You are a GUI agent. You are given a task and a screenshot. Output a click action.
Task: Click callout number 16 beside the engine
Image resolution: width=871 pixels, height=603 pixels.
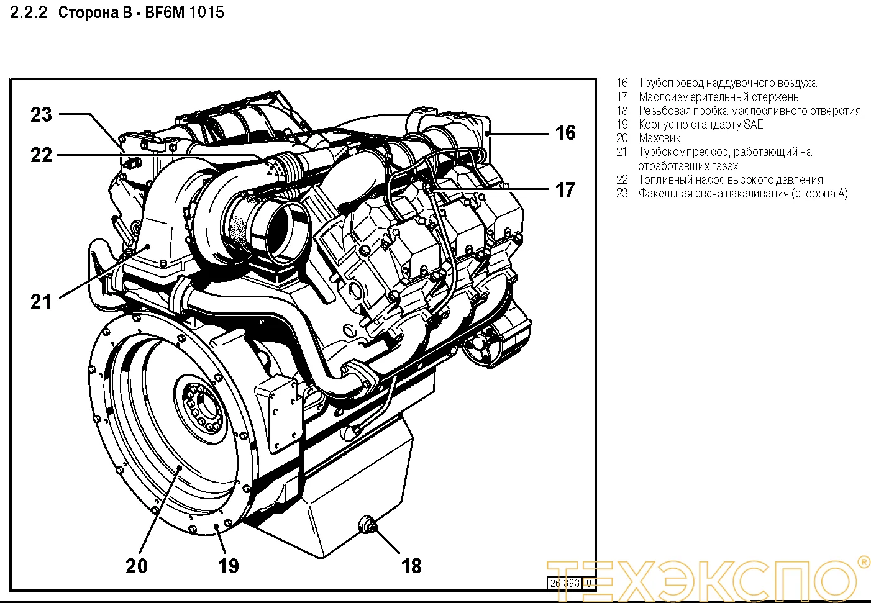click(565, 132)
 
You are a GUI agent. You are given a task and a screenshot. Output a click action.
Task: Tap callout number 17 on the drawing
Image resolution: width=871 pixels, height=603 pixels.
click(565, 189)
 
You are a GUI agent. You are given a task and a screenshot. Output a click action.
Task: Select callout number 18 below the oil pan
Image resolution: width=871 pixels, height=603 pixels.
click(411, 566)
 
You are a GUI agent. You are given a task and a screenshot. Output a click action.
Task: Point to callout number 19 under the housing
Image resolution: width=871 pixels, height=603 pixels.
click(228, 566)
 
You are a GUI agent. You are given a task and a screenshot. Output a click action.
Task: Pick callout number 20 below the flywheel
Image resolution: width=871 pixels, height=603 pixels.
click(137, 566)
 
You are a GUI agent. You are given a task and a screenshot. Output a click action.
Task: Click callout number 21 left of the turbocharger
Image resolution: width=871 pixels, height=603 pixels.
click(42, 302)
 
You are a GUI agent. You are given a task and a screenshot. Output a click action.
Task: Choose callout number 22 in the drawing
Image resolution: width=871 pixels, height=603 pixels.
click(42, 155)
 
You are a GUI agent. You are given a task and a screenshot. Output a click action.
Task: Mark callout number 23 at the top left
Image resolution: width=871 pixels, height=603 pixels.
click(42, 114)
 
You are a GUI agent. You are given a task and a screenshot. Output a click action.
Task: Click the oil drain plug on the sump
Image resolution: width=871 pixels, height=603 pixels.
click(367, 525)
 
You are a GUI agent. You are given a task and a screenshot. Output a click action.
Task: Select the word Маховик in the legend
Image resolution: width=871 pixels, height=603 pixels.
click(659, 138)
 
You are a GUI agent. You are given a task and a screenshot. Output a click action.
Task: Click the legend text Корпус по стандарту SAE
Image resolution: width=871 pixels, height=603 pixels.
click(700, 124)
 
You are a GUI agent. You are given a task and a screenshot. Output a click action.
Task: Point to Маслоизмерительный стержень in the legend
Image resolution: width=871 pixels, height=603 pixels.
click(718, 97)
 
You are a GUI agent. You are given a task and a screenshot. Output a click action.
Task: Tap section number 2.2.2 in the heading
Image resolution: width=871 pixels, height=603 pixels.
click(29, 12)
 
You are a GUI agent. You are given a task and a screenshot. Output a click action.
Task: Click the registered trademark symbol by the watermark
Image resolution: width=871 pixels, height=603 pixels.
click(864, 562)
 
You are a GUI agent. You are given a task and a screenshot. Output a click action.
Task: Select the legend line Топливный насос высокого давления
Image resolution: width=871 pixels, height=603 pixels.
click(731, 179)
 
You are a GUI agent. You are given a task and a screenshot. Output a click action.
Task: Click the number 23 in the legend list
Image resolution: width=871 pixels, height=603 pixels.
click(622, 193)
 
